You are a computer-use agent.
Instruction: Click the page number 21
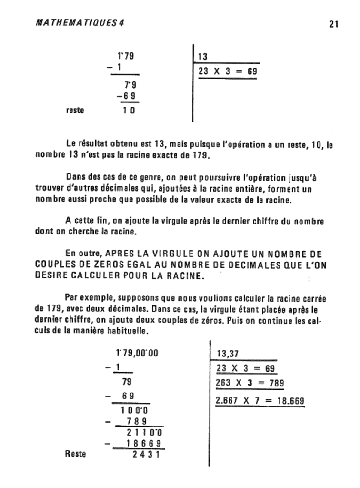[333, 24]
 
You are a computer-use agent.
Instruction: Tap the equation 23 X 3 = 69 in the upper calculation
[227, 71]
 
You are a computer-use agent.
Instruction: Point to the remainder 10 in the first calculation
[128, 111]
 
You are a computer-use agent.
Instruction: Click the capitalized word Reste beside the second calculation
[75, 454]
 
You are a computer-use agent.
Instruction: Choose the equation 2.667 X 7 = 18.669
[260, 400]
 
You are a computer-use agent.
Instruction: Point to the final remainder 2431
[146, 454]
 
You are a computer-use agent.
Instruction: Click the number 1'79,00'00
[137, 353]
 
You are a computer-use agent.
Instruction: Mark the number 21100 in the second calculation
[144, 433]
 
